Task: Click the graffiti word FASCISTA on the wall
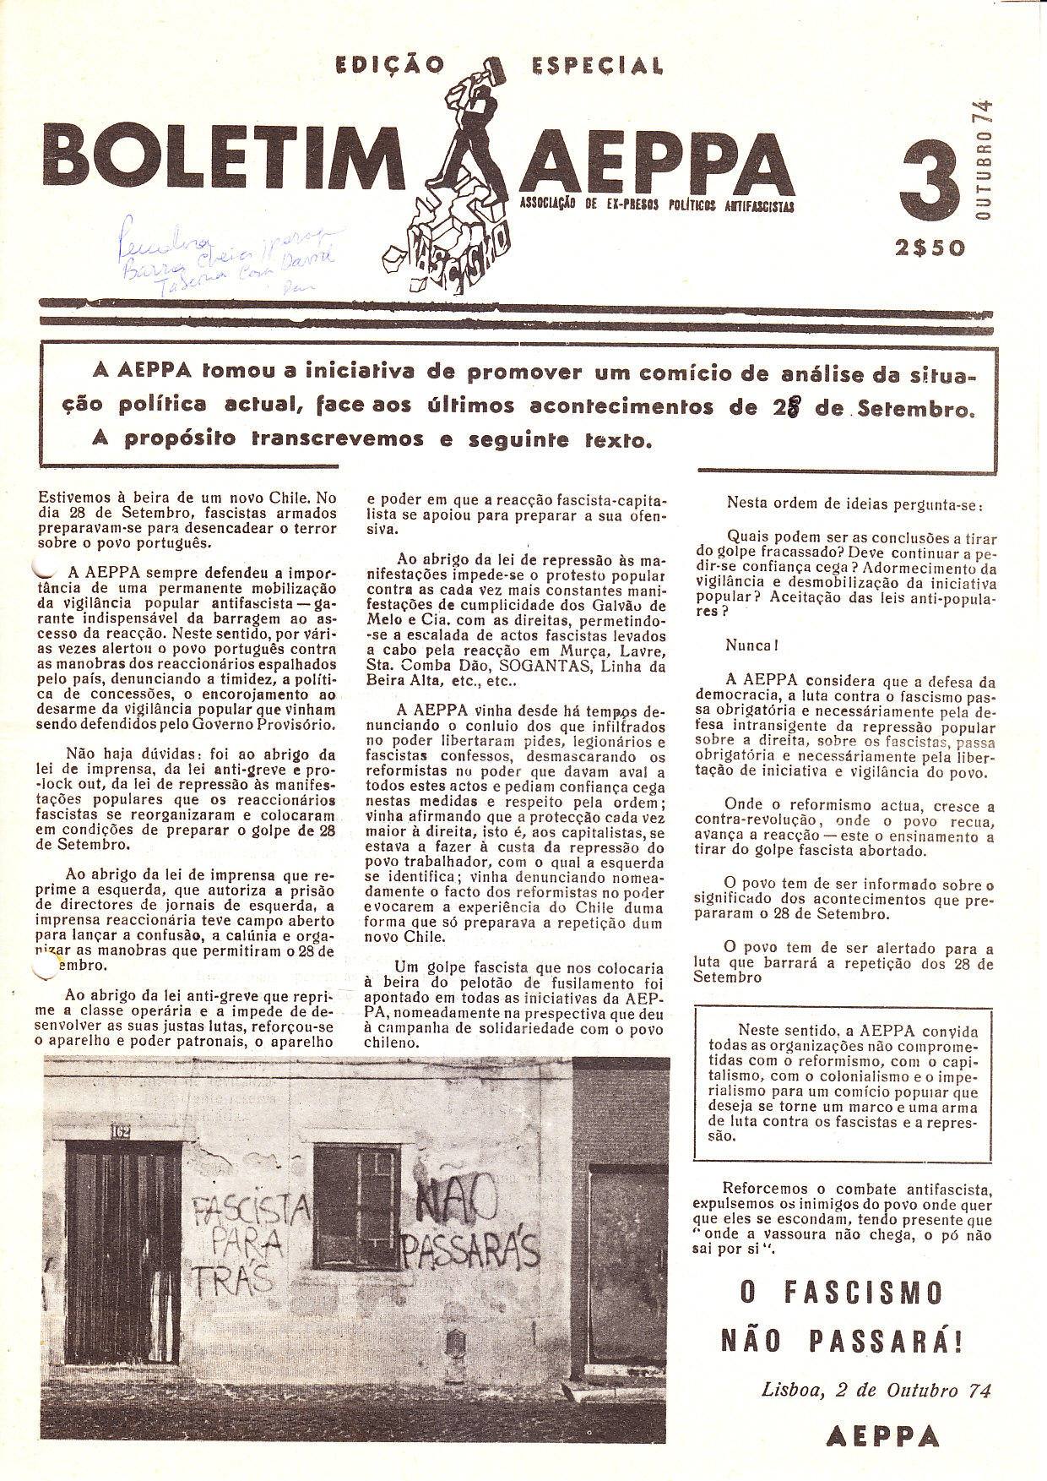252,1214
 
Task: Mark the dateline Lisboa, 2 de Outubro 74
876,1391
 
